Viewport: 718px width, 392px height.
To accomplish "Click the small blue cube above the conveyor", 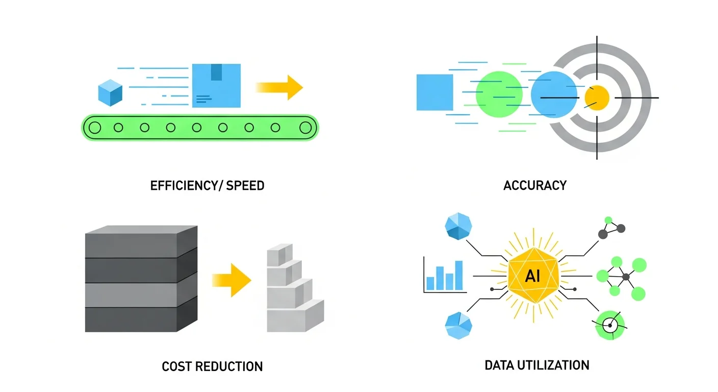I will [x=110, y=92].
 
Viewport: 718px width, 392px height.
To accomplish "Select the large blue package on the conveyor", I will [x=216, y=85].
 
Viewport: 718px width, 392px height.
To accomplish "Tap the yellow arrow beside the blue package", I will [x=280, y=87].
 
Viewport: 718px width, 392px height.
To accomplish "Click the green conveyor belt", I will [x=200, y=128].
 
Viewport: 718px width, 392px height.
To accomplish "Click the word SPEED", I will [x=245, y=185].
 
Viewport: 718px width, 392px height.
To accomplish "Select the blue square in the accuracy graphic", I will [x=434, y=92].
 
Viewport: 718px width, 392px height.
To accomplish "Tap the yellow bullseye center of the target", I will [x=597, y=97].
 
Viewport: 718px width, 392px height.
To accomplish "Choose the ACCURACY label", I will [x=534, y=185].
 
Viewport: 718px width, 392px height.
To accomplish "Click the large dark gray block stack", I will [x=141, y=280].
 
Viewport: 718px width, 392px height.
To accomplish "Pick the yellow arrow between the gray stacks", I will [x=232, y=279].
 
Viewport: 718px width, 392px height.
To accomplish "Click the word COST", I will [x=176, y=366].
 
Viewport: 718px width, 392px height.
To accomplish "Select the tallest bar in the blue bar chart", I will [x=458, y=275].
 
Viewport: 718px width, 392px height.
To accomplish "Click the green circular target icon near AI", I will [x=610, y=325].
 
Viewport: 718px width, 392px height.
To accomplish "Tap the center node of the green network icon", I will [x=626, y=276].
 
